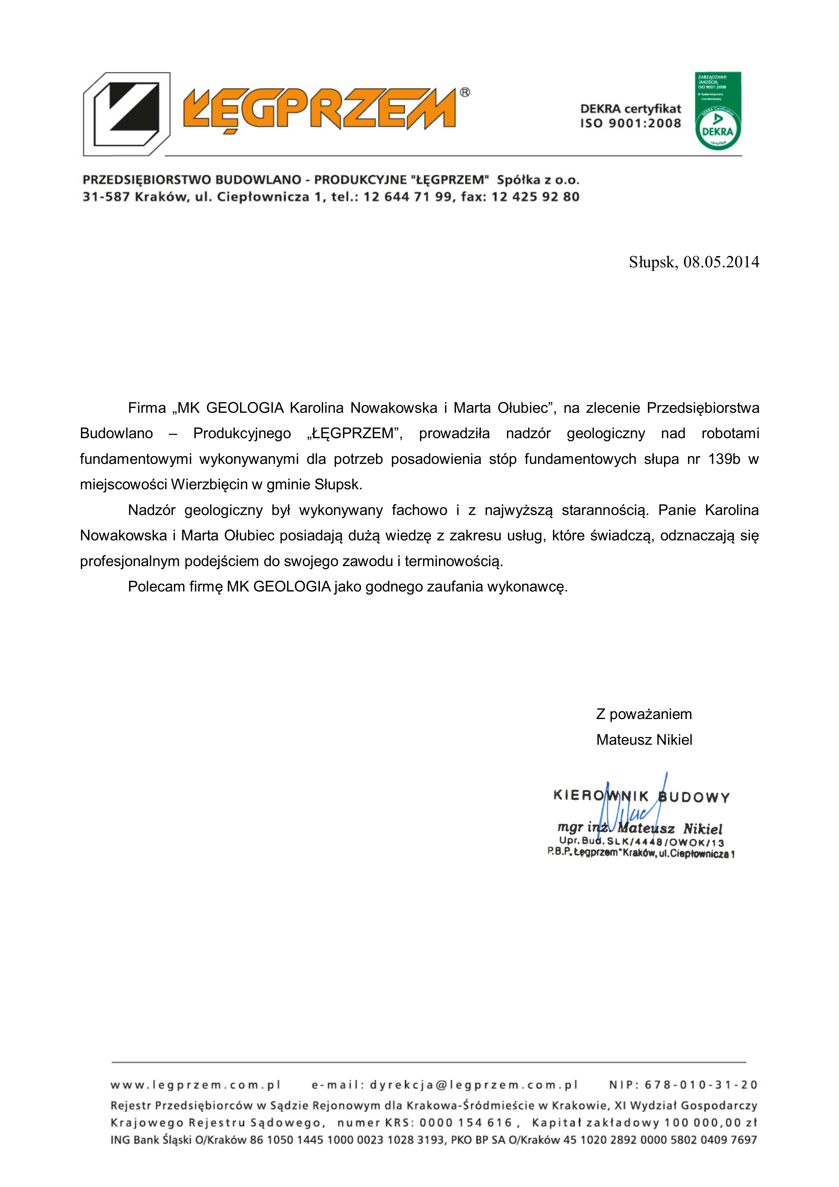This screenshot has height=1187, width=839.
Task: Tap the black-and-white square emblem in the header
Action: pos(127,114)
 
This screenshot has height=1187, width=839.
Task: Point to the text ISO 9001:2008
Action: pos(630,124)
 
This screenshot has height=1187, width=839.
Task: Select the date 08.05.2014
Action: pos(721,262)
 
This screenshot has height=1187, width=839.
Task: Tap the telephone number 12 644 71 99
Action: pos(407,197)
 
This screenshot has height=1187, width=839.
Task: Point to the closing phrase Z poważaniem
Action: pos(644,714)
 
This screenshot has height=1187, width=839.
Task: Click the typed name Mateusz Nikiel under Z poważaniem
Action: pos(644,740)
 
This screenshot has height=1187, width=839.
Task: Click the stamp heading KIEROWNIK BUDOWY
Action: pos(641,797)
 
